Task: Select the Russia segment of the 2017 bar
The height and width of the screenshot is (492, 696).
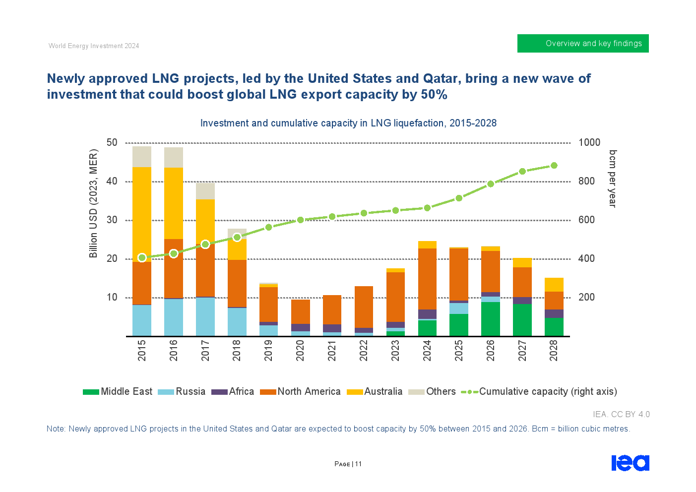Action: coord(205,316)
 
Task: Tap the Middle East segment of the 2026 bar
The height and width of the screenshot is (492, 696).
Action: coord(491,319)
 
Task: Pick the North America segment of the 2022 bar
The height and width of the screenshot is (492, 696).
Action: coord(364,307)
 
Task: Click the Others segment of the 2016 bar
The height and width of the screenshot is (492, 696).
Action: coord(174,157)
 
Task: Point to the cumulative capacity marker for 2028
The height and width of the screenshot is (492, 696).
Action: coord(554,166)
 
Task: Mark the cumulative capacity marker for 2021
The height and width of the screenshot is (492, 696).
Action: coord(332,217)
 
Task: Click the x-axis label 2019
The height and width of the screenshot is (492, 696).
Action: coord(268,350)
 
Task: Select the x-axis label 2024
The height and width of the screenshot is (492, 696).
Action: coord(427,350)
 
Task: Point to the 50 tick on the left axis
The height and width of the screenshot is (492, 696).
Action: coord(112,143)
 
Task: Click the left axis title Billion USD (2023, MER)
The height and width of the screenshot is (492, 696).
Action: coord(93,203)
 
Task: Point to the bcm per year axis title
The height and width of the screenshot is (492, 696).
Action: coord(613,179)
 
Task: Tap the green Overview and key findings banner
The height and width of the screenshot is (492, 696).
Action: coord(583,44)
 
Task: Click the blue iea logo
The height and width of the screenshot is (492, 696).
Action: coord(631,463)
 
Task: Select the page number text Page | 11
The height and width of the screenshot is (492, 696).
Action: coord(348,464)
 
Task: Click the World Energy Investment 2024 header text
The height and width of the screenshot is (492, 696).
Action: coord(94,46)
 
